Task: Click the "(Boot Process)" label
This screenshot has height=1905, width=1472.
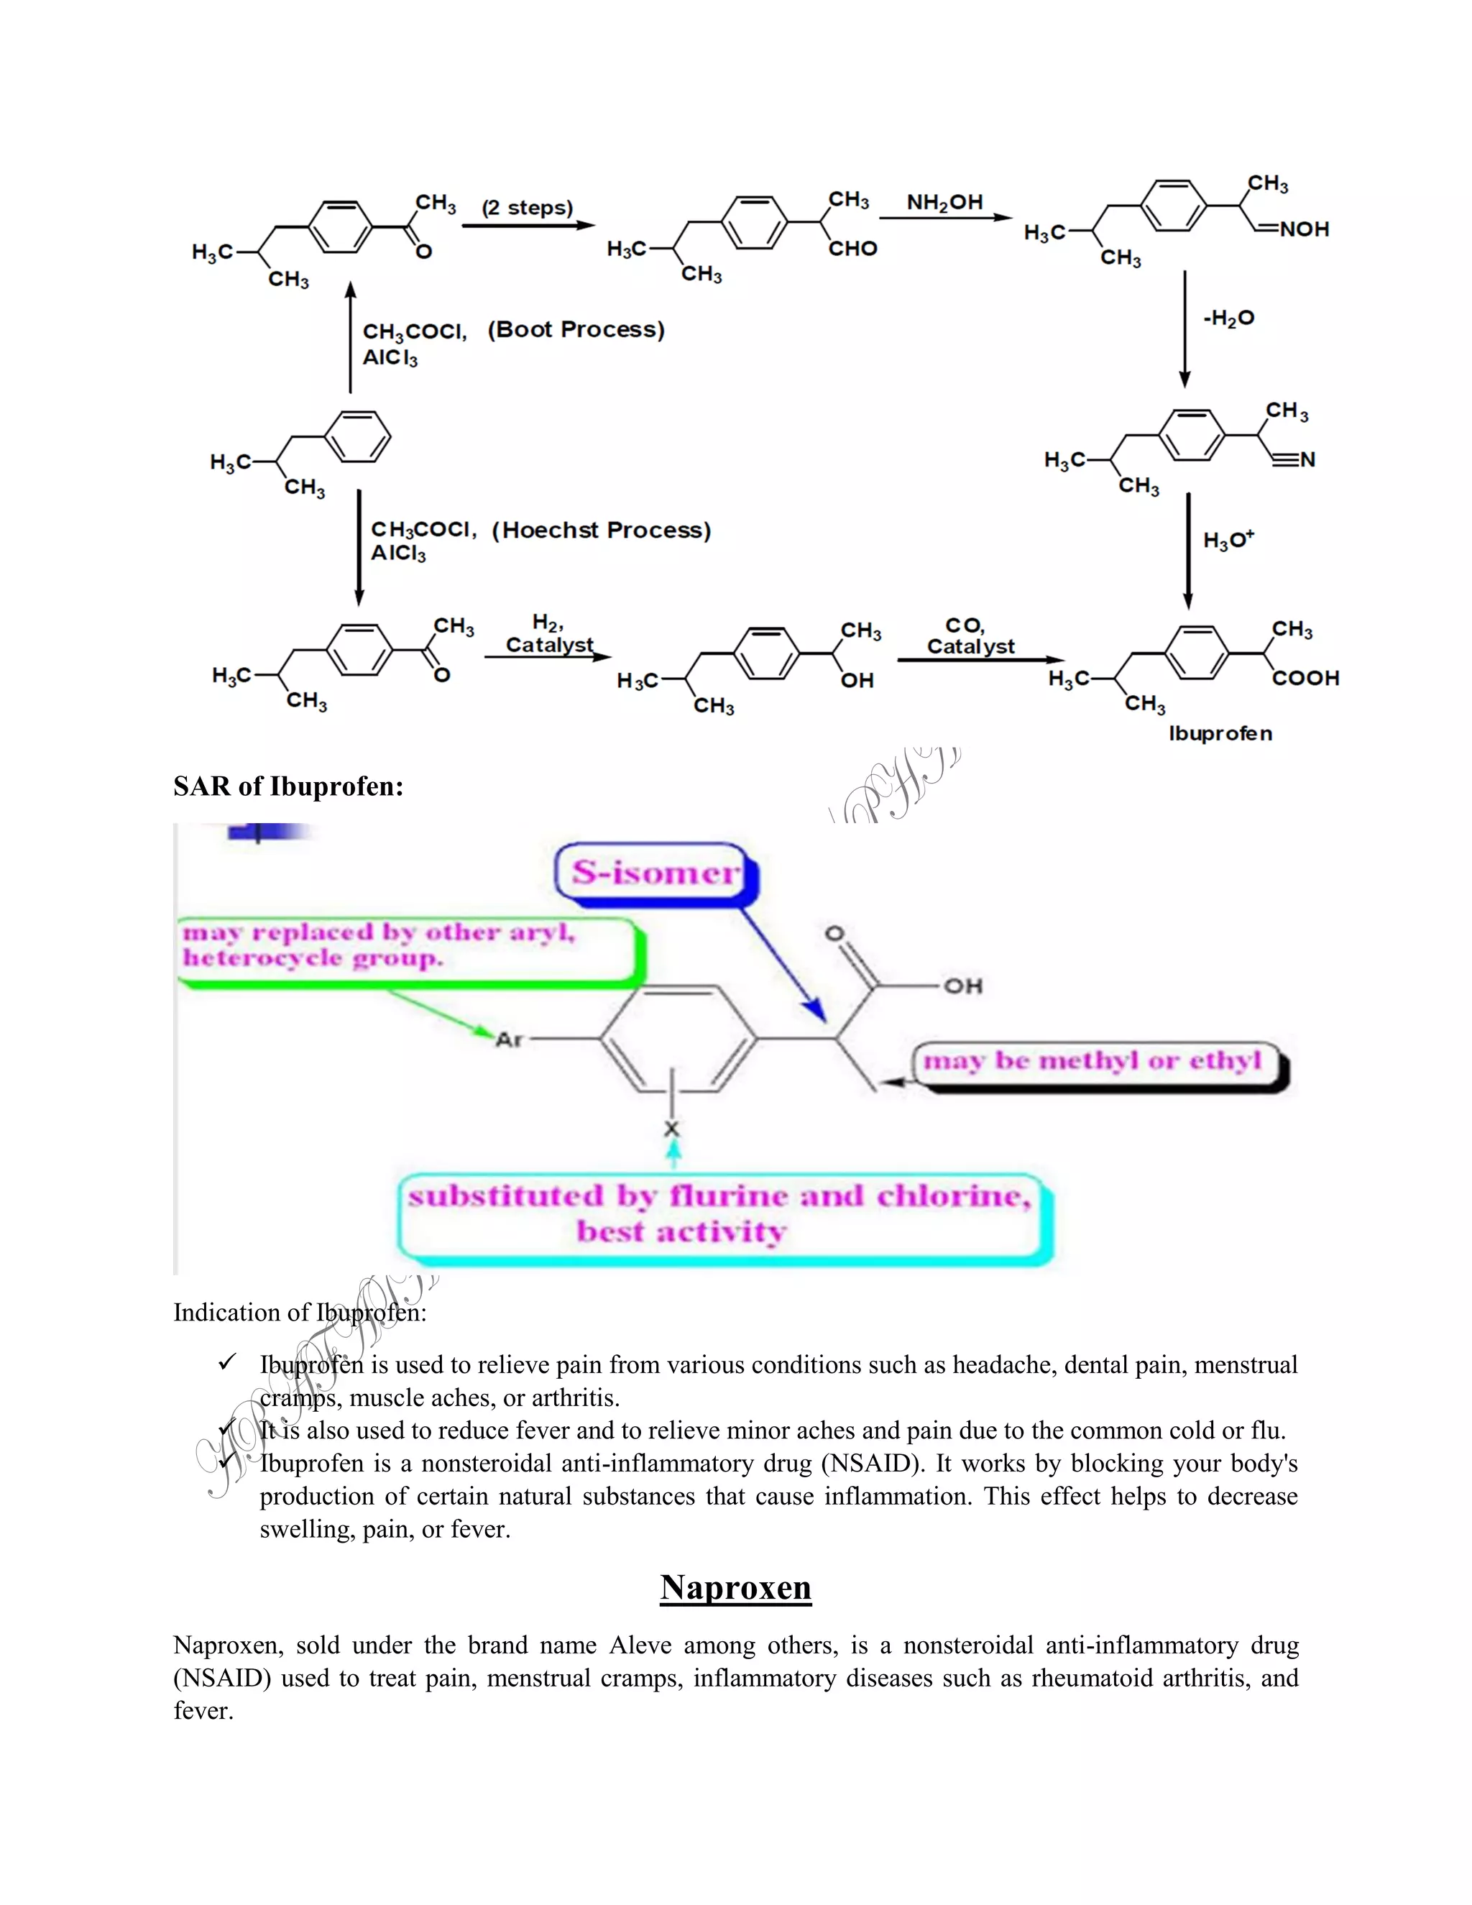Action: point(576,330)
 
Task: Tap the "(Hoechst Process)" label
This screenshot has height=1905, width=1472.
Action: point(602,531)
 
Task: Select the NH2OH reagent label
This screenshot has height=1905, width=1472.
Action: point(944,203)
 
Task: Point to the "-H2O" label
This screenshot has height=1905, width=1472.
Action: point(1228,318)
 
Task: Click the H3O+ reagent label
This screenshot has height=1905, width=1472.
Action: point(1228,540)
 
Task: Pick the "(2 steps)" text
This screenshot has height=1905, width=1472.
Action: point(528,208)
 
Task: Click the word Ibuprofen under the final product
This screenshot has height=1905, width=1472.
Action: point(1220,733)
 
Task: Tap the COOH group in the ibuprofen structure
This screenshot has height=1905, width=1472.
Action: point(1305,678)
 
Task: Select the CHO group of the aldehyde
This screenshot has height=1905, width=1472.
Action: point(852,249)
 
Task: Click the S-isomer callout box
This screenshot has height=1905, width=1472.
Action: point(655,871)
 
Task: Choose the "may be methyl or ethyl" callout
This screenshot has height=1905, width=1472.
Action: point(1093,1062)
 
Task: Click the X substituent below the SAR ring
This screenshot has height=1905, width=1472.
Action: point(671,1129)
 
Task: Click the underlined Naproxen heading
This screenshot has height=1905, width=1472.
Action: point(735,1587)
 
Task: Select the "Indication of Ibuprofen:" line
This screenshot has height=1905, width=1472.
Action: point(300,1313)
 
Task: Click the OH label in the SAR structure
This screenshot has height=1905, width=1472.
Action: point(962,986)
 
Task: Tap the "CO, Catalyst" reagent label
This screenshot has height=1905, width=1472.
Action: point(970,637)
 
